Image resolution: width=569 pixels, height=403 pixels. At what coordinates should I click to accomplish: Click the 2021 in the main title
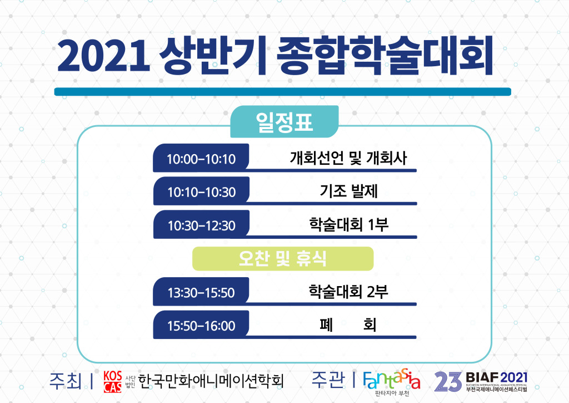tap(103, 56)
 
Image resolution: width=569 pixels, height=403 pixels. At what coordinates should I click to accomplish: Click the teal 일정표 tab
tap(284, 121)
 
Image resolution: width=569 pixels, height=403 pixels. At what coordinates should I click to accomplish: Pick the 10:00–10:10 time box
tap(201, 158)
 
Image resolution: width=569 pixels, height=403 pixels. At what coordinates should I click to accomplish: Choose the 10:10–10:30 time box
tap(201, 191)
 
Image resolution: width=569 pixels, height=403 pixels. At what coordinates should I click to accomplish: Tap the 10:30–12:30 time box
tap(201, 224)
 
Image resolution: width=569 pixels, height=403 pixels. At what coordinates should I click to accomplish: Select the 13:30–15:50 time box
tap(201, 292)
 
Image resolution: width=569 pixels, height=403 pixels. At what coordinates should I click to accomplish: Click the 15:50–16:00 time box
tap(201, 325)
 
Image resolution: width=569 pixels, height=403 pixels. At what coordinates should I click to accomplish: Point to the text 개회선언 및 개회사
tap(348, 158)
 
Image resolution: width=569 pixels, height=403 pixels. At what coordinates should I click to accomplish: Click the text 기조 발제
tap(349, 191)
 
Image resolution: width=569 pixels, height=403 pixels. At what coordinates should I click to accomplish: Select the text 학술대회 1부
tap(349, 224)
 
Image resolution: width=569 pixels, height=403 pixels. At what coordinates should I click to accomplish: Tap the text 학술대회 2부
tap(348, 292)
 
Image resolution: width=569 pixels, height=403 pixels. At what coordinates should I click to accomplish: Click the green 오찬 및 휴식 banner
tap(283, 259)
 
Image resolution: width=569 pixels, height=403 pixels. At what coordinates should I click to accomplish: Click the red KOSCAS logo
tap(112, 381)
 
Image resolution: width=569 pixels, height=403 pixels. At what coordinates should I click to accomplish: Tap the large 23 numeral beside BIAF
tap(448, 381)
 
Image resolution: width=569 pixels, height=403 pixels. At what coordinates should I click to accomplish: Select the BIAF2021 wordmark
tap(496, 377)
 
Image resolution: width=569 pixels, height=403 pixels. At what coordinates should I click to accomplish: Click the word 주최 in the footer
tap(66, 381)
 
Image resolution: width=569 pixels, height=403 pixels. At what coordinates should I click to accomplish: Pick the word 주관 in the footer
tap(328, 380)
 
